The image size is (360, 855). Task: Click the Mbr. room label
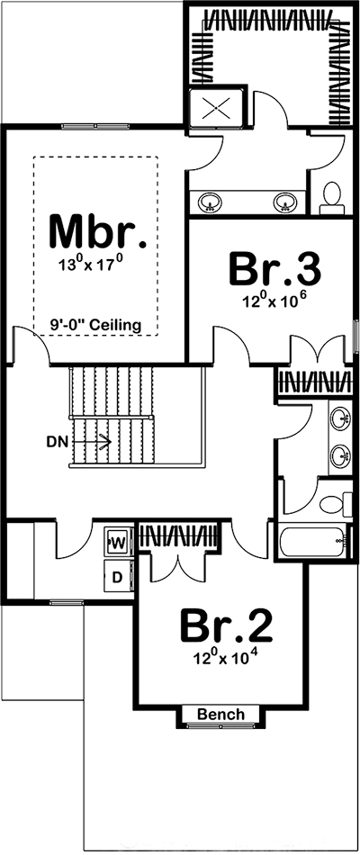tap(96, 231)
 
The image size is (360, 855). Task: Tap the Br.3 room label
tap(274, 267)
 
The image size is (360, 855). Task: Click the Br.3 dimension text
tap(274, 301)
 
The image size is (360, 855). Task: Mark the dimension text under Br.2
tap(226, 657)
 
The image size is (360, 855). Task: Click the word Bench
tap(220, 715)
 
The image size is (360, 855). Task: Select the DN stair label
tap(57, 442)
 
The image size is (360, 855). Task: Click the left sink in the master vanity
tap(211, 202)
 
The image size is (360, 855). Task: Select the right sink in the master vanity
tap(284, 202)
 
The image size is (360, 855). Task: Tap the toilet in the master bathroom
tap(331, 197)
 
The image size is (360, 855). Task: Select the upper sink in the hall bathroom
tap(341, 419)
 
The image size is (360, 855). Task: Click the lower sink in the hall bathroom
tap(341, 456)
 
